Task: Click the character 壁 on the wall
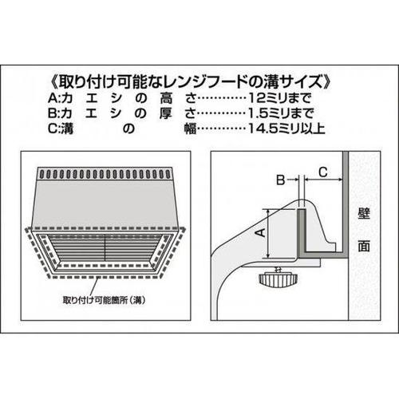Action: tap(364, 215)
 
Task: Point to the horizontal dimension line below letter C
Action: tap(322, 181)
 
